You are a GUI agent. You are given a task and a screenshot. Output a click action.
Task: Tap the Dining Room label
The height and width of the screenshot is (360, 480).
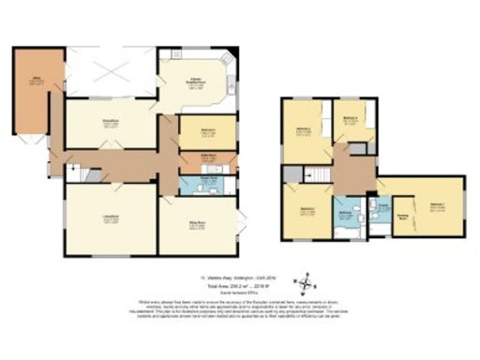point(110,123)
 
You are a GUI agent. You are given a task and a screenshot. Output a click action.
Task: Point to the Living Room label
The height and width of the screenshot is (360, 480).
point(110,221)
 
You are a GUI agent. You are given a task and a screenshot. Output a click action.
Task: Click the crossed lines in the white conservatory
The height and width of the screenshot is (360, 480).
point(109,69)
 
